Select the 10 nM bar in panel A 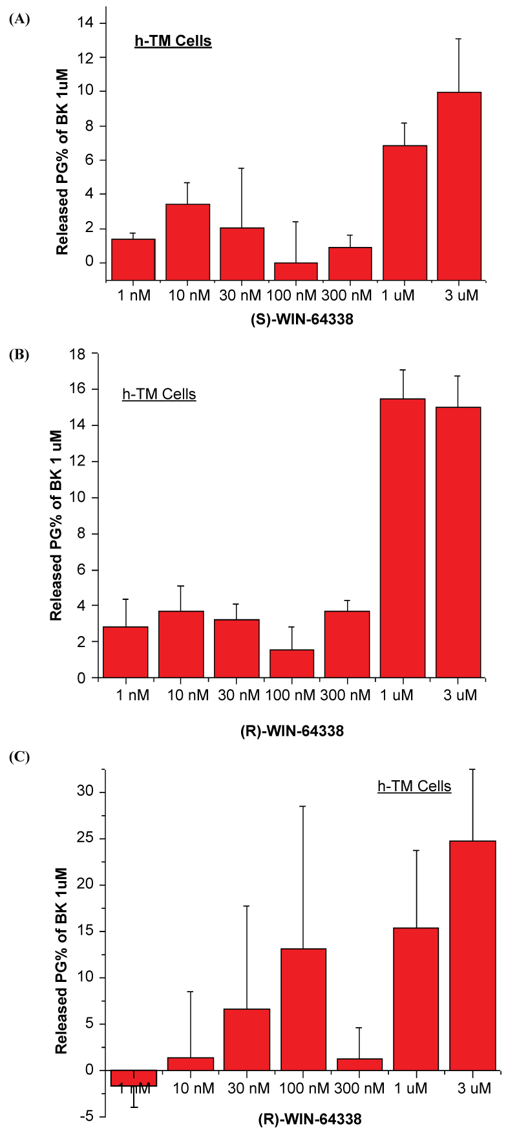coord(187,233)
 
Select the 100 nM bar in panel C coord(303,1009)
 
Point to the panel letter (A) coord(19,19)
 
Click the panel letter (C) coord(19,757)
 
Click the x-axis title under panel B coord(297,732)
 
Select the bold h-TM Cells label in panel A coord(173,41)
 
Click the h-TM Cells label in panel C coord(414,786)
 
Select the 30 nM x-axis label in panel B coord(237,695)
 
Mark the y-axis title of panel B coord(57,525)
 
